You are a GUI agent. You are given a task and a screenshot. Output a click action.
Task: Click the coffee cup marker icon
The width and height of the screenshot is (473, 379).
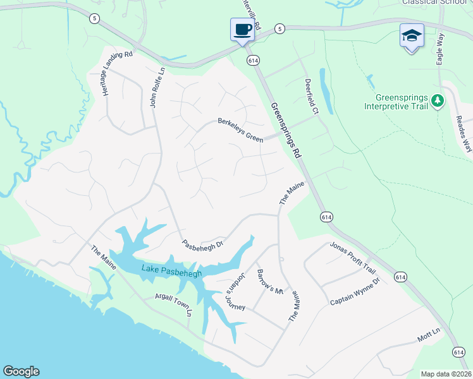pyautogui.click(x=242, y=30)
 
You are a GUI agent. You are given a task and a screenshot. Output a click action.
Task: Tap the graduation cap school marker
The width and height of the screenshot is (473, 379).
pyautogui.click(x=412, y=35)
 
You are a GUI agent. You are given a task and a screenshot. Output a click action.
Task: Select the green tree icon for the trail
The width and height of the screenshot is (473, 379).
pyautogui.click(x=437, y=100)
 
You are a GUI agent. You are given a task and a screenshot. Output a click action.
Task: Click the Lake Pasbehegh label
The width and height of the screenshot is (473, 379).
pyautogui.click(x=171, y=272)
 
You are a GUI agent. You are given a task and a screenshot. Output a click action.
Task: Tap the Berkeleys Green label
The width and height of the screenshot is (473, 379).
pyautogui.click(x=240, y=129)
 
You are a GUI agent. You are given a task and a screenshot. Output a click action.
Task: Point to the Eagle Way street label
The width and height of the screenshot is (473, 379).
pyautogui.click(x=440, y=49)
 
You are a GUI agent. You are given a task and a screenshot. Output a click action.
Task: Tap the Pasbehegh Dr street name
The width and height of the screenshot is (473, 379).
pyautogui.click(x=203, y=244)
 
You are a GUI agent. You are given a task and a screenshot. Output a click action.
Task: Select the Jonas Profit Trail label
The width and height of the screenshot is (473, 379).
pyautogui.click(x=353, y=258)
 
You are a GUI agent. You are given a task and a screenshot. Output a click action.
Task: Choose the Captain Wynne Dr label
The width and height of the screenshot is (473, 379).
pyautogui.click(x=355, y=292)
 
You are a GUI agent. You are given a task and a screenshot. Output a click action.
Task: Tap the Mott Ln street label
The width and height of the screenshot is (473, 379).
pyautogui.click(x=428, y=335)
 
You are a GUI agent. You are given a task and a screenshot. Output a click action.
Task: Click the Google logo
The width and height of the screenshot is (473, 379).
pyautogui.click(x=21, y=371)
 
